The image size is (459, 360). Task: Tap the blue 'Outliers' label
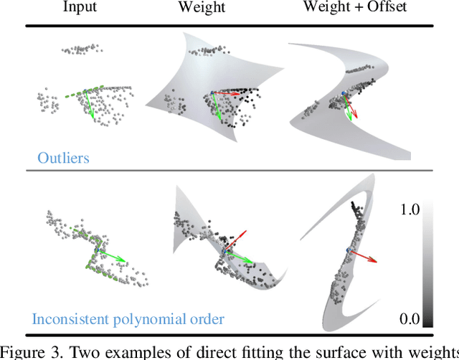coord(65,157)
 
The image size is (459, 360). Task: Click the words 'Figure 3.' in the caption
coord(34,351)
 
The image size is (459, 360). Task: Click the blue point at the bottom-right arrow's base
coord(349,249)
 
